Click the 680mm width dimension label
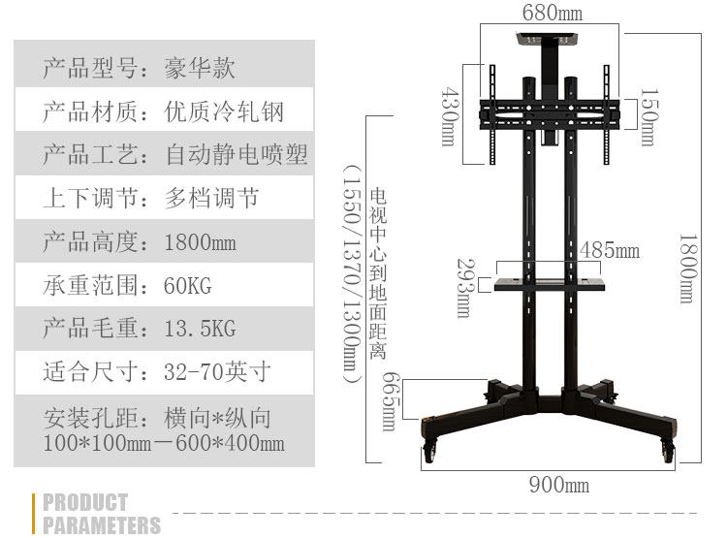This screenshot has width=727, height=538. tap(553, 13)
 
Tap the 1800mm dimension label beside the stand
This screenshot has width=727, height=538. tap(686, 269)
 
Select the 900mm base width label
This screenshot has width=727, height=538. tap(558, 485)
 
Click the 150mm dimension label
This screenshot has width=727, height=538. tap(648, 116)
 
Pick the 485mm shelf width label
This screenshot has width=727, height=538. tap(610, 250)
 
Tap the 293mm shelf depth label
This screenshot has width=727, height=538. tap(463, 288)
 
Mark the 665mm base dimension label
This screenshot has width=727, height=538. tap(390, 401)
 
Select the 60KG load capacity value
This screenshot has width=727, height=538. tap(188, 285)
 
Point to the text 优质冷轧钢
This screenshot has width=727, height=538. tap(225, 111)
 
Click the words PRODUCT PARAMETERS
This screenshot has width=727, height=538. tap(101, 514)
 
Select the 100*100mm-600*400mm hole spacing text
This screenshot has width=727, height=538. tap(165, 443)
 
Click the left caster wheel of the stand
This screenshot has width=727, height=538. tap(430, 448)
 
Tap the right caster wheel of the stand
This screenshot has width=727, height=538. tap(668, 448)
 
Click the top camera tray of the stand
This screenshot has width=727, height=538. tap(549, 41)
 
